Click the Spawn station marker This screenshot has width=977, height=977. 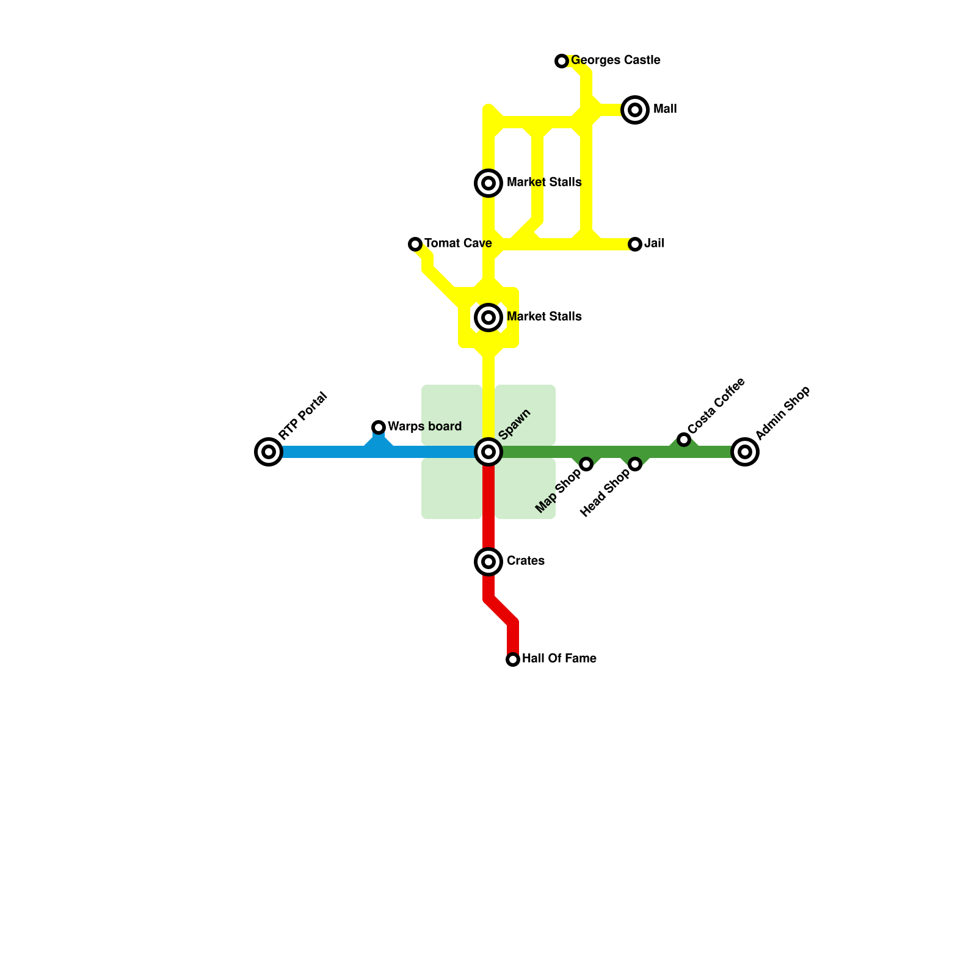tap(488, 452)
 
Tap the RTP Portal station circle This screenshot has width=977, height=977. tap(269, 452)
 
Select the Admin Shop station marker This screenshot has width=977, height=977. tap(745, 452)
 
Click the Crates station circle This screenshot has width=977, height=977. tap(488, 561)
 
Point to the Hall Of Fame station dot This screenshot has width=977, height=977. tap(513, 659)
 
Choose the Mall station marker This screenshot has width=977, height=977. tap(635, 110)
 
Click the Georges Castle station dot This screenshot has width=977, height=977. tap(562, 61)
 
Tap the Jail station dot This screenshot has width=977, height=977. tap(635, 244)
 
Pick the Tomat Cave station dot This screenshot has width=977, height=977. tap(415, 244)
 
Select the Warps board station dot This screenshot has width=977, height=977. tap(379, 427)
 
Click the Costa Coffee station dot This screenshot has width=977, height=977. tap(684, 440)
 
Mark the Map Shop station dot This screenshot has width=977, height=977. tap(586, 464)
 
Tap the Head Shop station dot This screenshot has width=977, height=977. tap(635, 464)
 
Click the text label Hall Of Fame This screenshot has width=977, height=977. tap(559, 658)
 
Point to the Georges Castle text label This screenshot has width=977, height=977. tap(616, 60)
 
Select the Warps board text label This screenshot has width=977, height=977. tap(424, 426)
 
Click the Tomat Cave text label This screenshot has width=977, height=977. tap(458, 243)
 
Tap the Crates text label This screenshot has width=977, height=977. tap(525, 561)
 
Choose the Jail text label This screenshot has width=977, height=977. tap(654, 243)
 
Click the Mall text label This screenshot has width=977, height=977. tap(665, 109)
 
